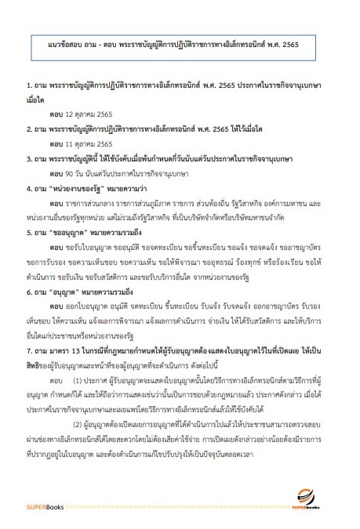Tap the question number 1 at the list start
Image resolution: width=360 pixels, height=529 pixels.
coord(28,81)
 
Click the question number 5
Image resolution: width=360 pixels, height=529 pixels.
coord(28,233)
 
